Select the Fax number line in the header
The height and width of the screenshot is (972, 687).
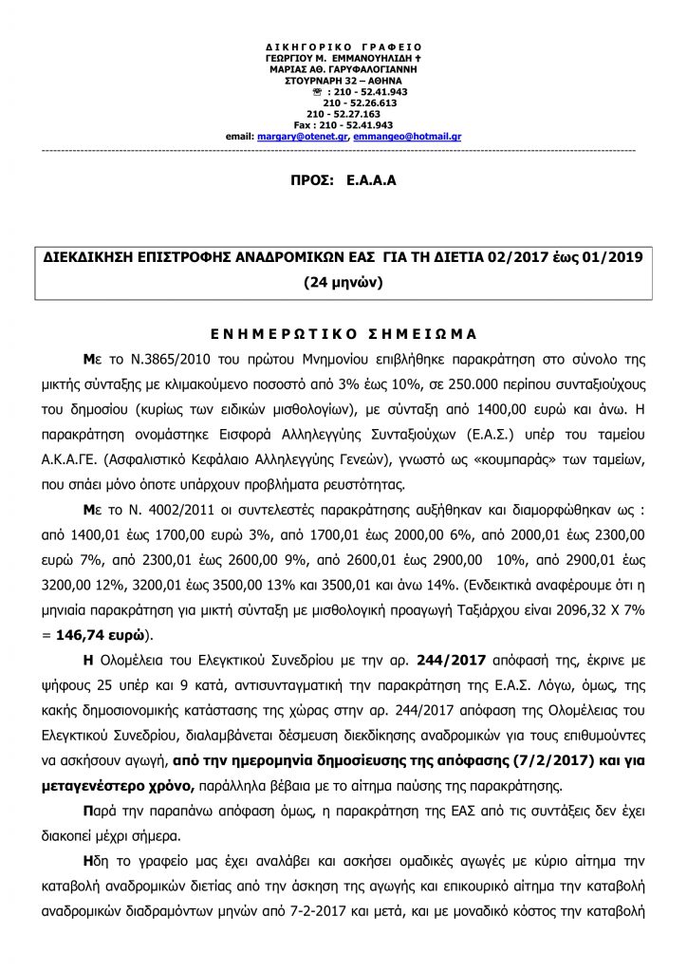[343, 125]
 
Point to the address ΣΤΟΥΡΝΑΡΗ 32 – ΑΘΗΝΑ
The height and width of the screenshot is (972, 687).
[343, 81]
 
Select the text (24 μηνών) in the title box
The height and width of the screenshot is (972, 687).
[343, 282]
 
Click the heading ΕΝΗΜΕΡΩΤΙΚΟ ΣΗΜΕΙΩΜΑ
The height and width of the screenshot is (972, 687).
[343, 334]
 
